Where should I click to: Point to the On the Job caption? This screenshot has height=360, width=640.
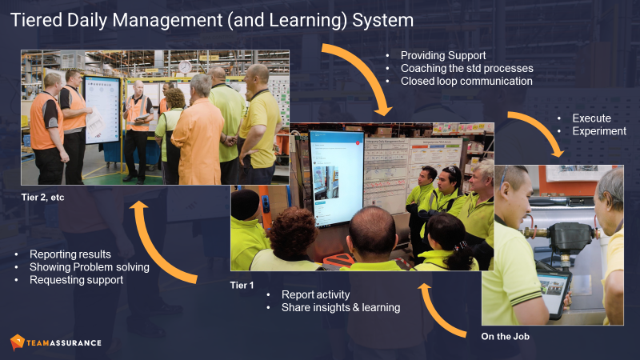pos(506,336)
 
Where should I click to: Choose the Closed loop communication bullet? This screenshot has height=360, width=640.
pos(466,81)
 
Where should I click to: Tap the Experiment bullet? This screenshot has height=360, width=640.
pos(599,131)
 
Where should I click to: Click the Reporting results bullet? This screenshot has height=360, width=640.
pos(70,254)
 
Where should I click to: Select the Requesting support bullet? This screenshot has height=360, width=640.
pos(77,280)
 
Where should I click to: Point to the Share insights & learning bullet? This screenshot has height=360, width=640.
pos(341,307)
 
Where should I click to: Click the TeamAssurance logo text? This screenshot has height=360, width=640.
pos(65,342)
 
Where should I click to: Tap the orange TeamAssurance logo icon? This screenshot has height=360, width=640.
pos(17,342)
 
